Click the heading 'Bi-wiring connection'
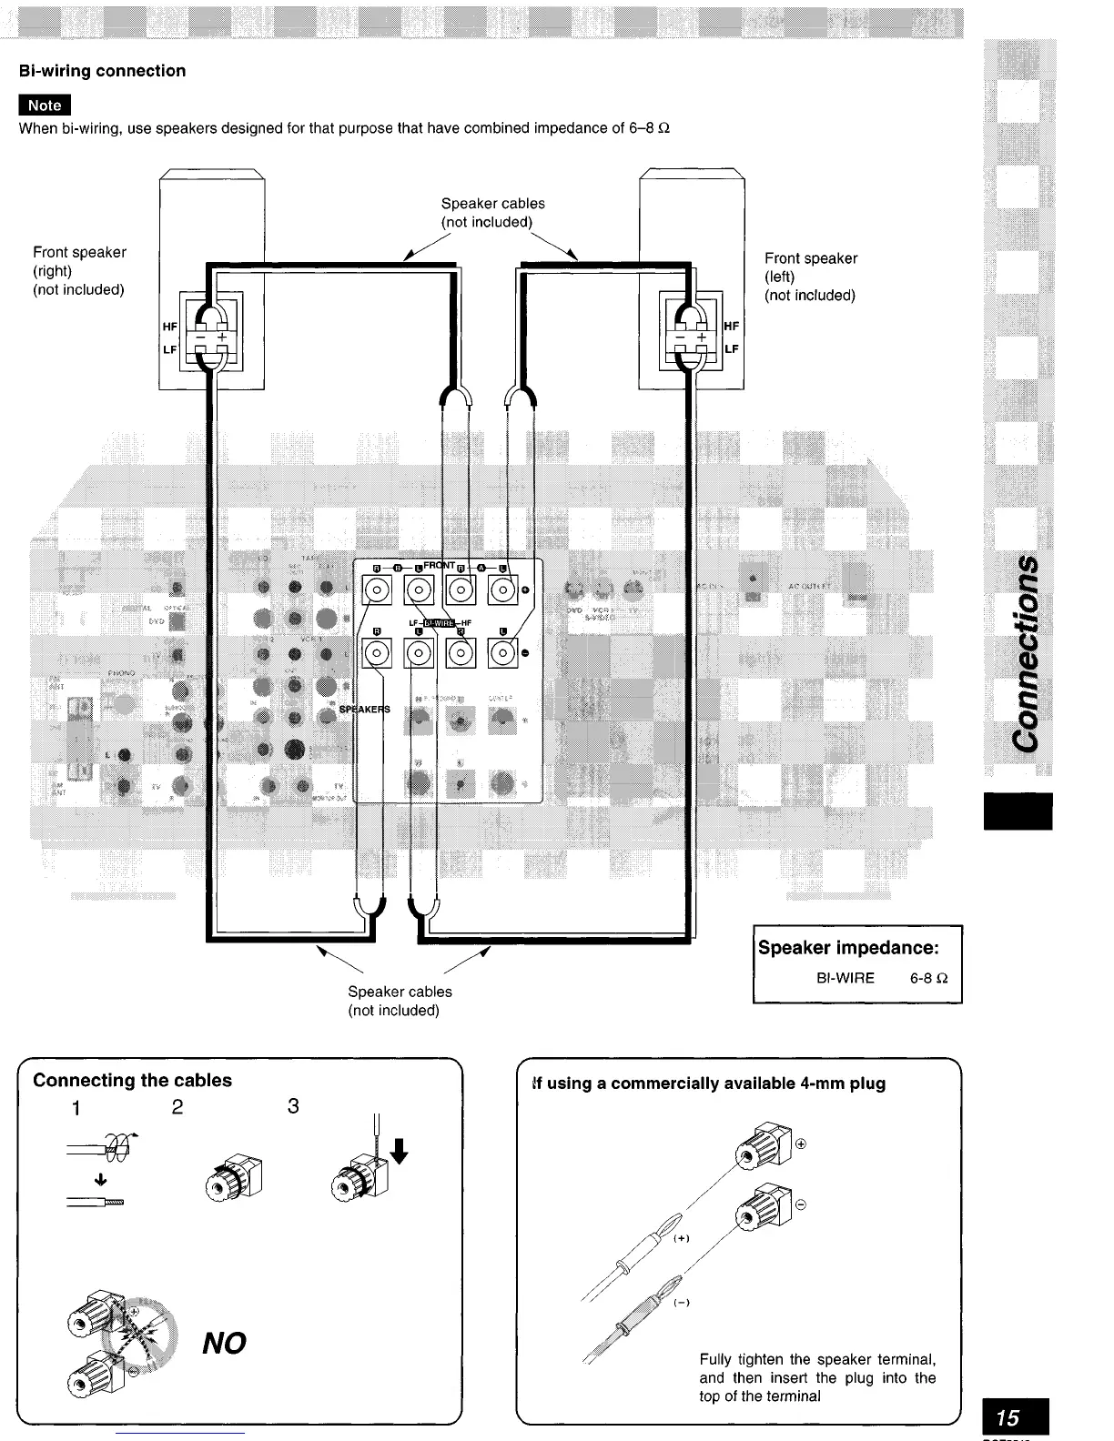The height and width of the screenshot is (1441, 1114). (x=102, y=71)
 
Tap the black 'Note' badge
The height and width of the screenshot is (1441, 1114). (x=45, y=106)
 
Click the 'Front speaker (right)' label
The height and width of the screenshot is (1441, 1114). (x=79, y=270)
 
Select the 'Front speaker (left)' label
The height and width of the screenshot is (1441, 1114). (x=810, y=277)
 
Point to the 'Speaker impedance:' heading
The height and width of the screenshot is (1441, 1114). (x=847, y=948)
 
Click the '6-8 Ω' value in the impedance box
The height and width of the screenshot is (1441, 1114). (x=928, y=979)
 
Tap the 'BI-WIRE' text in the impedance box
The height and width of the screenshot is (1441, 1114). (x=845, y=979)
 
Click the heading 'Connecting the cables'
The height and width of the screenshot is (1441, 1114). (x=132, y=1081)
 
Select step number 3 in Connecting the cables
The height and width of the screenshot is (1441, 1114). (x=293, y=1106)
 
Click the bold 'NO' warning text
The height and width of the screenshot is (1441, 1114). (x=224, y=1343)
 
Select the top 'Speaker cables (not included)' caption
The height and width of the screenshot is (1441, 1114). (x=492, y=213)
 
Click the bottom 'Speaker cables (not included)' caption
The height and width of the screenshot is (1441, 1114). (x=400, y=1001)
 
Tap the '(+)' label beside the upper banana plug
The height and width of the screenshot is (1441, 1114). (x=681, y=1239)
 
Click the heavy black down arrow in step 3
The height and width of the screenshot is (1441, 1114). (x=398, y=1152)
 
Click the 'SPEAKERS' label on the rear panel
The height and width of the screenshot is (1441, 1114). (x=364, y=710)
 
